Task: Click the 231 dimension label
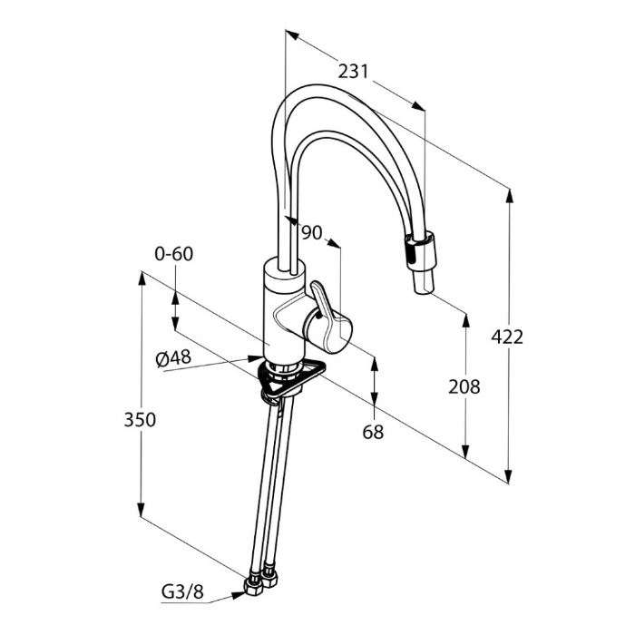point(354,70)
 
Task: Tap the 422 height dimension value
point(507,337)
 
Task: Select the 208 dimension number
point(464,386)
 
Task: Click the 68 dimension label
point(373,433)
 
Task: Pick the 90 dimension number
point(311,232)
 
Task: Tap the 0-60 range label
point(174,254)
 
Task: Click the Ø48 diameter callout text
point(173,358)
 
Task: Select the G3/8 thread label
point(182,593)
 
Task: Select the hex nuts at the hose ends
point(259,581)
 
